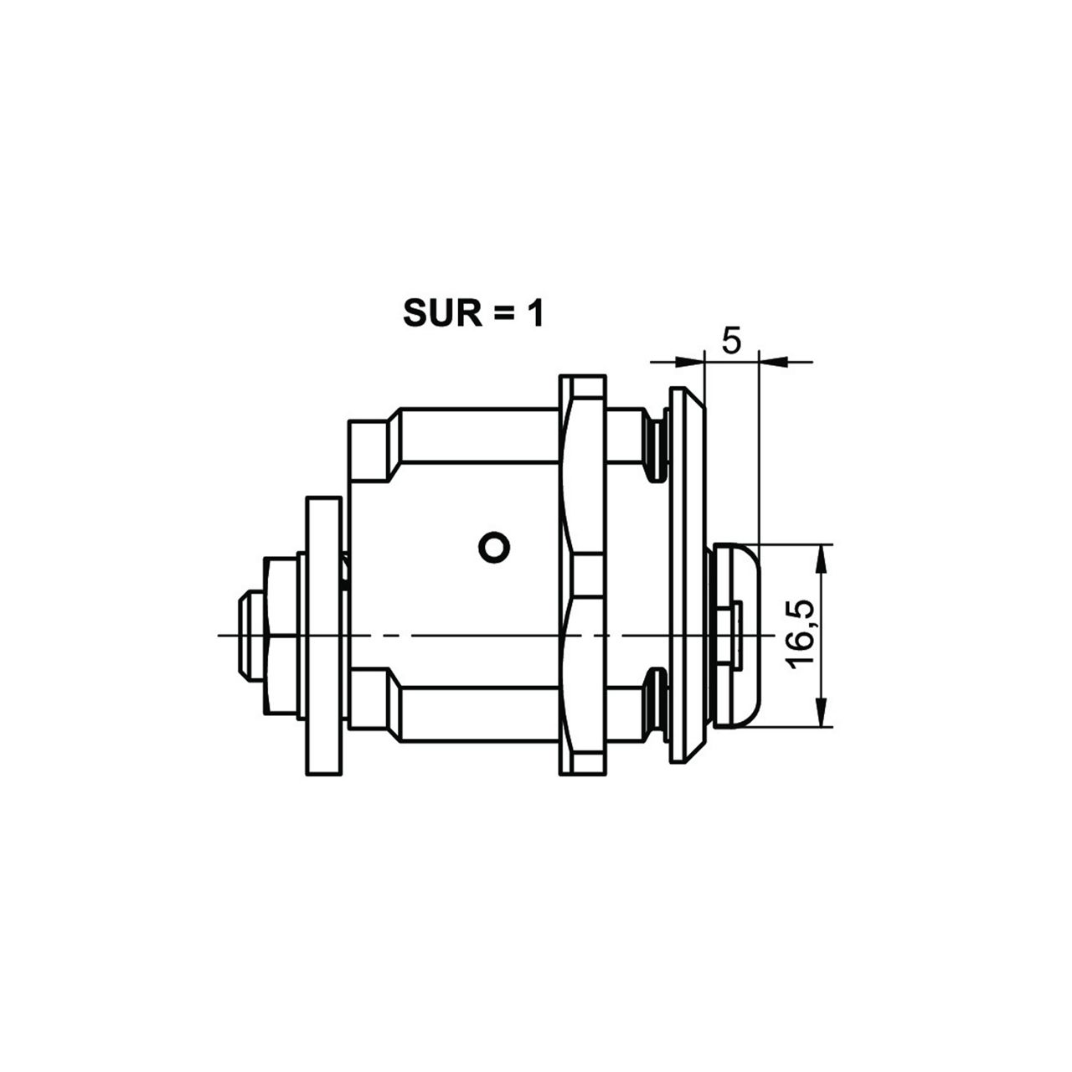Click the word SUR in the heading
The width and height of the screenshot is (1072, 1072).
tap(442, 314)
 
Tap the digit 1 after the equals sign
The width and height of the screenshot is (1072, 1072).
tap(534, 314)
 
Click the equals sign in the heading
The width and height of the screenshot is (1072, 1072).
tap(502, 314)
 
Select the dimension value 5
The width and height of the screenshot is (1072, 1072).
tap(731, 341)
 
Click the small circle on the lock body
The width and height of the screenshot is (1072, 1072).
tap(494, 548)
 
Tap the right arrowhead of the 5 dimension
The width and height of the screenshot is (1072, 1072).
tap(773, 362)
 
